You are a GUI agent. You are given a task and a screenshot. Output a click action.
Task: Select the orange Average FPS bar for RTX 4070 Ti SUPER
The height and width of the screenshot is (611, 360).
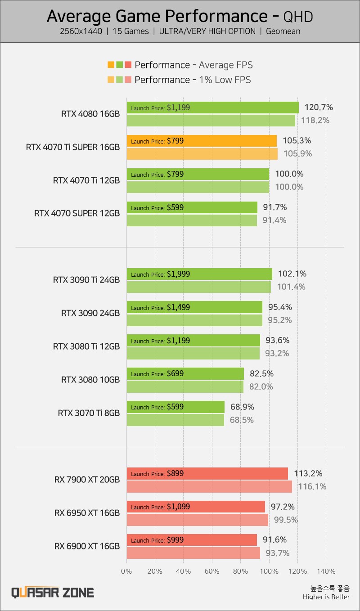(x=202, y=141)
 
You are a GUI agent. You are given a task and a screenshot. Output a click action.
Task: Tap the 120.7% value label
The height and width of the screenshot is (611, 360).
(x=318, y=107)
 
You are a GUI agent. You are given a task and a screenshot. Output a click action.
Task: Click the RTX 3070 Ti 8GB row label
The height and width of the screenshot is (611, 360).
(x=89, y=413)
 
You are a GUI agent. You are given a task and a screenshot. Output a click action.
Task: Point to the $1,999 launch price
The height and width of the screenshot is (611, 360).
(x=178, y=274)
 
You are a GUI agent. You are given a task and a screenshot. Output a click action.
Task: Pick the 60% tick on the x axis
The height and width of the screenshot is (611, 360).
(x=212, y=571)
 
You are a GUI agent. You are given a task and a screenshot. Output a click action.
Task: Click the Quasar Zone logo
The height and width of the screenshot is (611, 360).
(x=53, y=592)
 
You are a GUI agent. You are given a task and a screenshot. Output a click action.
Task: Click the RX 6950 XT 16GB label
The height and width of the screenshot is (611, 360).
(x=87, y=513)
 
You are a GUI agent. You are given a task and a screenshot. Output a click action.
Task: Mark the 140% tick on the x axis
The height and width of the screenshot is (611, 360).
(x=326, y=571)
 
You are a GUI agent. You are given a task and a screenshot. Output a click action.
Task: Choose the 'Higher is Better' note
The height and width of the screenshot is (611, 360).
(x=326, y=597)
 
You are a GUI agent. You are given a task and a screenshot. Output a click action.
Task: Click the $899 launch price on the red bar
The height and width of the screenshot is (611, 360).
(x=175, y=473)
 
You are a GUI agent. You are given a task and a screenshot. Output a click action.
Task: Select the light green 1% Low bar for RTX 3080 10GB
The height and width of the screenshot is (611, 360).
(x=185, y=386)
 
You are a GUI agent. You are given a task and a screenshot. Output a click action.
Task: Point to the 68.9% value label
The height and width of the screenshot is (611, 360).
(x=242, y=407)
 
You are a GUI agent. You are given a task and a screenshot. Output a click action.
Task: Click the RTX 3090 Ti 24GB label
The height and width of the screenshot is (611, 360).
(x=86, y=279)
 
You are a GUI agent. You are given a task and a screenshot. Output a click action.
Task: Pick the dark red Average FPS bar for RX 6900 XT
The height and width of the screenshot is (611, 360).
(x=192, y=540)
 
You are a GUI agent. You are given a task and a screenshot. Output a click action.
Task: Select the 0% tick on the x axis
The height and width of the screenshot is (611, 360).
(x=126, y=571)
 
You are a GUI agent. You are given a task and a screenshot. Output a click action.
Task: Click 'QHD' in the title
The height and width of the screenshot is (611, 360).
(x=298, y=17)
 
